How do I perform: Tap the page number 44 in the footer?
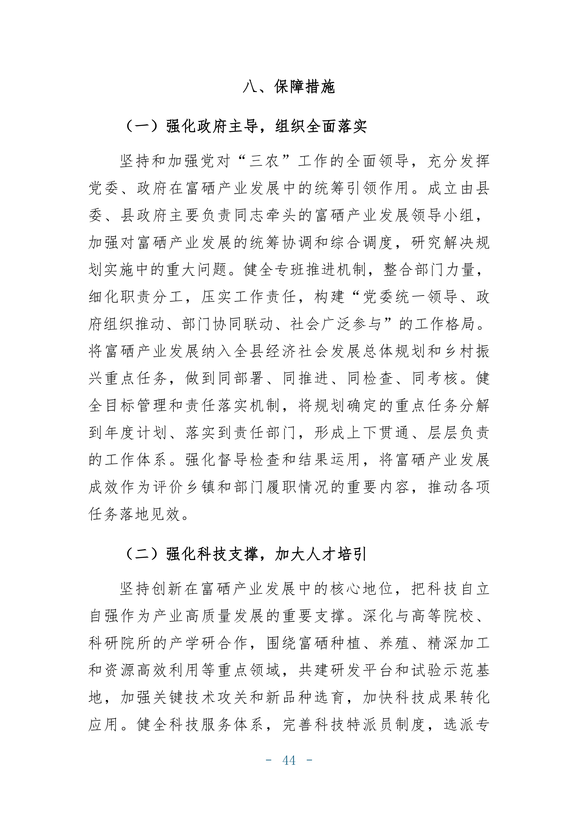[x=289, y=760]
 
